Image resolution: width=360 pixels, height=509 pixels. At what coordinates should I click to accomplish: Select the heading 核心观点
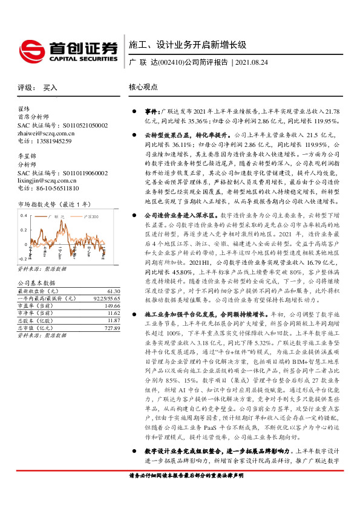pos(143,87)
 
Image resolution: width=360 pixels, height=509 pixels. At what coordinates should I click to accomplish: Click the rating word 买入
pos(50,88)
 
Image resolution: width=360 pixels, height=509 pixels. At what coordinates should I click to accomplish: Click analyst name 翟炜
pos(24,109)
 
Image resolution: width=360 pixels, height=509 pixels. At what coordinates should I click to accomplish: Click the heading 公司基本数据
pos(36,283)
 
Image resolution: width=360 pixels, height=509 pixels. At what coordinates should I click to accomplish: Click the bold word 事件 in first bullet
pos(151,112)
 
